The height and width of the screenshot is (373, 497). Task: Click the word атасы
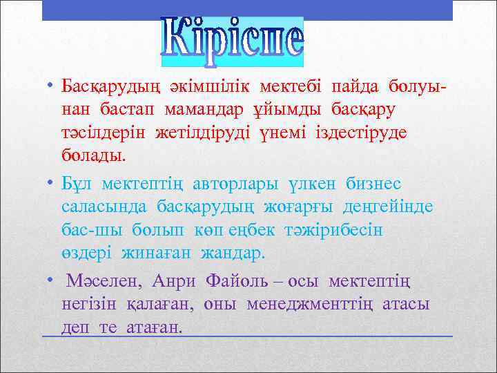407,303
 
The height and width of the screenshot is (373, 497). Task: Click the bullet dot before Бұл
50,184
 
